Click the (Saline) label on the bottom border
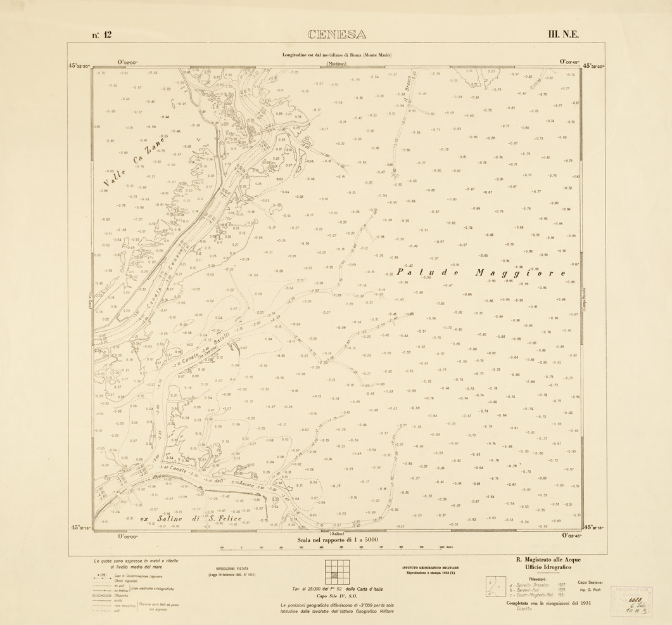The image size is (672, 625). pyautogui.click(x=336, y=534)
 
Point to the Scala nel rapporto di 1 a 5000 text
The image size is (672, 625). pyautogui.click(x=336, y=541)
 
